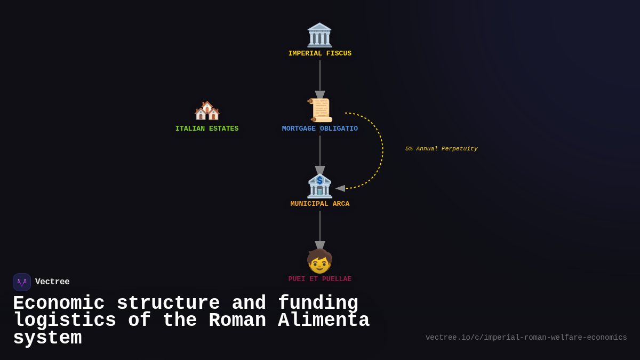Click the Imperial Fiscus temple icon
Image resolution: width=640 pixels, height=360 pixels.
pyautogui.click(x=319, y=35)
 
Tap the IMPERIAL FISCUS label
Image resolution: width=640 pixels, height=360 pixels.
pyautogui.click(x=319, y=54)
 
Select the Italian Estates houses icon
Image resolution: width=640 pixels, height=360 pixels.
pyautogui.click(x=207, y=111)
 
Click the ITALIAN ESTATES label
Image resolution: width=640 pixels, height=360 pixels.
pyautogui.click(x=207, y=129)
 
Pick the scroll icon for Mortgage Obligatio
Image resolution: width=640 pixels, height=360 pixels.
pyautogui.click(x=320, y=110)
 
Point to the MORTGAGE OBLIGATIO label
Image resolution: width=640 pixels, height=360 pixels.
pyautogui.click(x=319, y=129)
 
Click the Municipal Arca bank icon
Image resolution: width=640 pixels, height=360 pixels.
pyautogui.click(x=319, y=186)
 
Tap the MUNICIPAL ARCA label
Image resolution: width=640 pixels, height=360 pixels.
pyautogui.click(x=319, y=204)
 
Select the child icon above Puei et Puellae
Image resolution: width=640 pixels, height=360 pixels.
pyautogui.click(x=319, y=261)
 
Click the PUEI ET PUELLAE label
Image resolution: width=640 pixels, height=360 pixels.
pyautogui.click(x=319, y=279)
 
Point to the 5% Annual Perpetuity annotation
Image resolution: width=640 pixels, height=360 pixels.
pyautogui.click(x=441, y=149)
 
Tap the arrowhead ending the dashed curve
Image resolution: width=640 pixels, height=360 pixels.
pyautogui.click(x=340, y=188)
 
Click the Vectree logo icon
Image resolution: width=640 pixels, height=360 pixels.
pyautogui.click(x=22, y=282)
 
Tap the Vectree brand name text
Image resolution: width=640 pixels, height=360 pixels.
pyautogui.click(x=52, y=282)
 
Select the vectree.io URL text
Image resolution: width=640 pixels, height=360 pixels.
pyautogui.click(x=526, y=338)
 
